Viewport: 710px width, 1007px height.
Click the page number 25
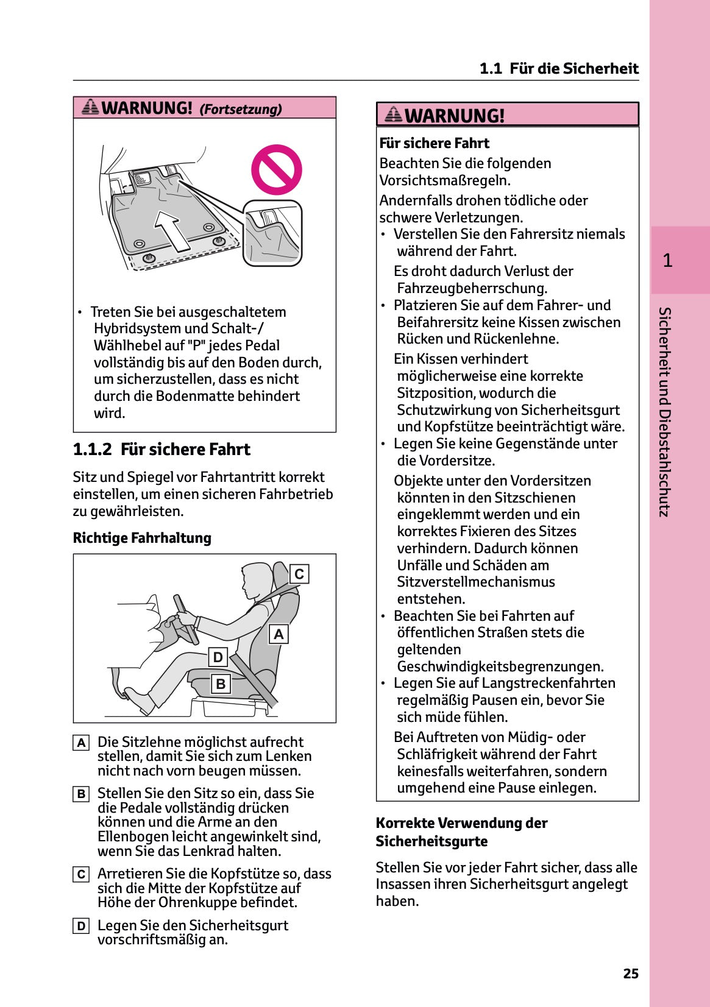point(630,973)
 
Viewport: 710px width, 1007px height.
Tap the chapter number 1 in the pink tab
point(667,261)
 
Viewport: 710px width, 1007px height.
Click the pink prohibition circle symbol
point(276,169)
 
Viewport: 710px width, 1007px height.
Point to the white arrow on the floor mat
point(172,230)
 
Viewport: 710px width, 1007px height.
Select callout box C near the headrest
point(299,574)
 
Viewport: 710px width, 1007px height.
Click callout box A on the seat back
point(279,634)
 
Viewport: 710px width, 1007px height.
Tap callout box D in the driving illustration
point(218,657)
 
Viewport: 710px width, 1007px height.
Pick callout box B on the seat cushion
point(221,684)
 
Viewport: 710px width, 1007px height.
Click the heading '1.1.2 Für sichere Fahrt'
point(162,450)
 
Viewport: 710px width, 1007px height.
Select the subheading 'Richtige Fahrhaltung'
point(142,538)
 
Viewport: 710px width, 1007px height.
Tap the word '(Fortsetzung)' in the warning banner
point(241,109)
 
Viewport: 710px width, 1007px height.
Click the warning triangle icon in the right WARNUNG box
point(394,114)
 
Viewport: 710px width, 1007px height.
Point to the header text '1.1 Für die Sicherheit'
point(558,68)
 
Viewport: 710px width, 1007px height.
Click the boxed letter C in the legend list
point(81,875)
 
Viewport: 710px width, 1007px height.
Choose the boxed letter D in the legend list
point(81,927)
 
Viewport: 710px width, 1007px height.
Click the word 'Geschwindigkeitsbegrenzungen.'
point(500,666)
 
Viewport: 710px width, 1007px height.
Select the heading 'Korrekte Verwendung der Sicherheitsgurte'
point(461,832)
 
